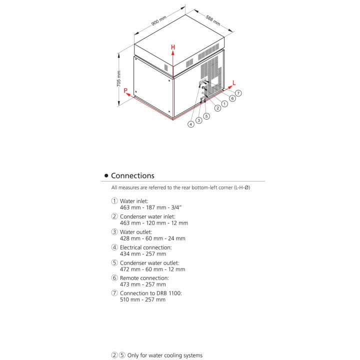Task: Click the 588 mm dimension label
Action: (212, 20)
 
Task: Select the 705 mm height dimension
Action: (119, 79)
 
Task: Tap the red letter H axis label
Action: (173, 47)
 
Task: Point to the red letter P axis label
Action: (126, 91)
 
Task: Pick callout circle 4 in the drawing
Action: (191, 124)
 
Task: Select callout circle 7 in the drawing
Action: (238, 93)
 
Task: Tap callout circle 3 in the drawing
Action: (198, 120)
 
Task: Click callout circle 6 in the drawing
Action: (232, 98)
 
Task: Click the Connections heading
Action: (132, 175)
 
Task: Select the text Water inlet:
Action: (134, 200)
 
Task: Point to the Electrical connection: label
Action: (145, 247)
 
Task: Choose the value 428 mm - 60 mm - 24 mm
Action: (152, 238)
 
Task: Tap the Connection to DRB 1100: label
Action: (150, 293)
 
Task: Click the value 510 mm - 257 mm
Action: (142, 299)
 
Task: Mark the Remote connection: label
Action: (144, 277)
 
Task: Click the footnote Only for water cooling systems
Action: (165, 355)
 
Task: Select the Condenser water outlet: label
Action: (149, 262)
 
